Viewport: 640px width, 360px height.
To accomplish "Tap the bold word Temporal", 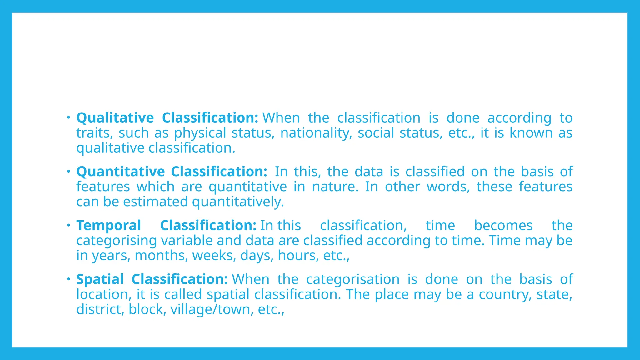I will [109, 226].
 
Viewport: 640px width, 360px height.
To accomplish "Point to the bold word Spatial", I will [100, 279].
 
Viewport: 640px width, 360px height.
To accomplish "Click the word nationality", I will [316, 133].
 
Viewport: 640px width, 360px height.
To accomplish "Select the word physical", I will [200, 133].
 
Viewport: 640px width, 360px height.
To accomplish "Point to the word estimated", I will [155, 202].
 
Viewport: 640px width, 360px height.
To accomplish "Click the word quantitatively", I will [238, 202].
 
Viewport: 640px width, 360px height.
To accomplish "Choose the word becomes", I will [503, 226].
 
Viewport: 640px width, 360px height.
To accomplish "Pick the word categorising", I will [117, 241].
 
